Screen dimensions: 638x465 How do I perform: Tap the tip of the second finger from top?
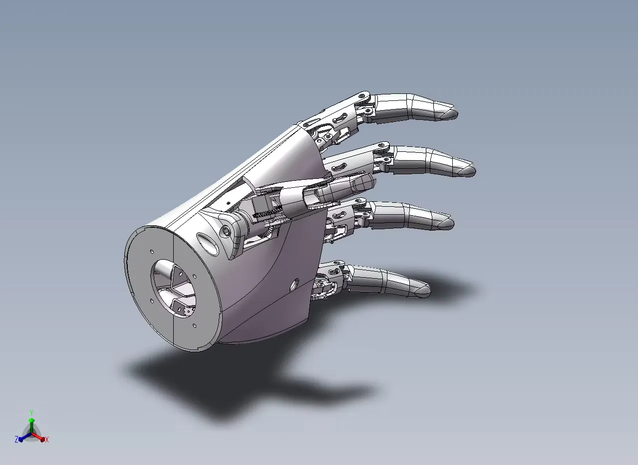[475, 171]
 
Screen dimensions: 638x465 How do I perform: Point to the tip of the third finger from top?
[453, 223]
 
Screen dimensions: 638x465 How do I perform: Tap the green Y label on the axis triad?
[31, 413]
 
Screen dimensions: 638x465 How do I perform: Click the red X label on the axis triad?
[47, 440]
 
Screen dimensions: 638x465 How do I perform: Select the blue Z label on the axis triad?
[16, 439]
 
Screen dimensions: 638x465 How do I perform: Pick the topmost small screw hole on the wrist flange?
[152, 252]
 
